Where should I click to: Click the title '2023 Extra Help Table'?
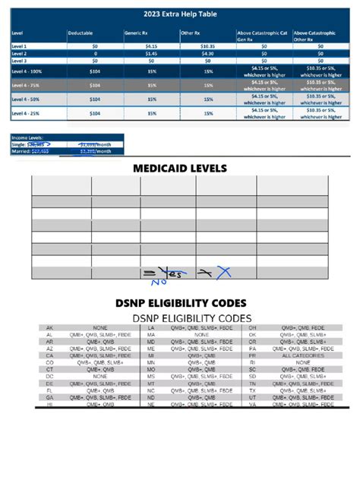click(x=179, y=14)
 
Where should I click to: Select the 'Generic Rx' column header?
click(x=137, y=34)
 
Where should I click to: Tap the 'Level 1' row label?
click(x=18, y=46)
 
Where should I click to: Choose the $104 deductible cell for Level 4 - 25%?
click(x=95, y=113)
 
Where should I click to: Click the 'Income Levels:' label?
click(x=27, y=137)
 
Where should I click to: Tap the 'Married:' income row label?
click(x=20, y=151)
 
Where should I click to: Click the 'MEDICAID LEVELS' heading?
click(x=179, y=168)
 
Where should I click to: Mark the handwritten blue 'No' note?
click(x=157, y=283)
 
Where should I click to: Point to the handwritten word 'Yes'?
click(x=174, y=273)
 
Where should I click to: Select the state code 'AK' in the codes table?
click(x=49, y=327)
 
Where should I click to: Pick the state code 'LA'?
click(x=151, y=327)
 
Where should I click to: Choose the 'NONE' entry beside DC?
click(x=100, y=377)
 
